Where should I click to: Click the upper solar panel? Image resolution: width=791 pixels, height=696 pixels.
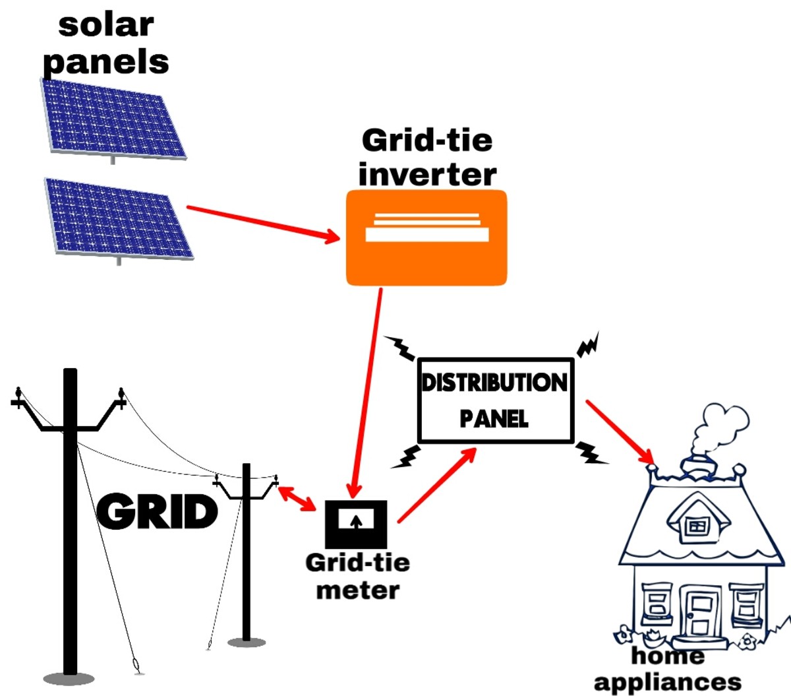113,119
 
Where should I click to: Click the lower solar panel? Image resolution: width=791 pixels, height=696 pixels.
119,217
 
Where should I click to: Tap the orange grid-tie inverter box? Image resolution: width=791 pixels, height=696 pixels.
426,237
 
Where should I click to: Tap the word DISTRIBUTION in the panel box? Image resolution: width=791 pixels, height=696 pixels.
494,383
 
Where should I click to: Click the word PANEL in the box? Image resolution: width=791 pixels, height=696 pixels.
494,418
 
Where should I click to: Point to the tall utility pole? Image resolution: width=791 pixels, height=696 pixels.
70,521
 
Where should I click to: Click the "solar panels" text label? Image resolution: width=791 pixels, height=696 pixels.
105,43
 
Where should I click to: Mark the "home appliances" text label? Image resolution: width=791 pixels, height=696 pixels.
667,668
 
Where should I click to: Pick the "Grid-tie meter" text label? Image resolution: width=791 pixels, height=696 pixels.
358,575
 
